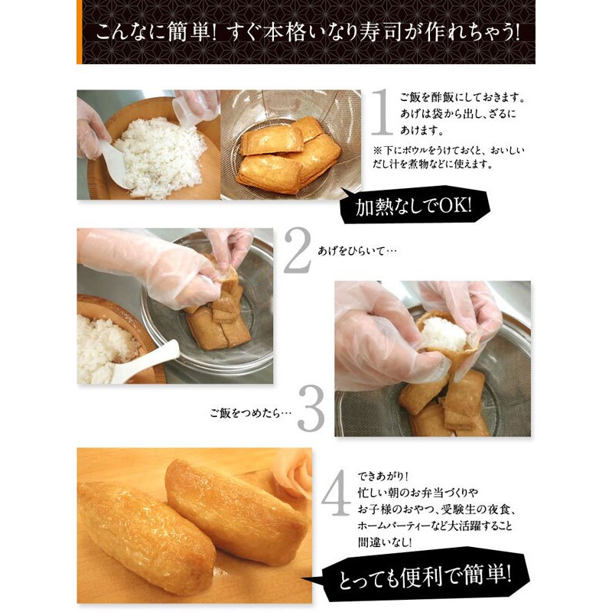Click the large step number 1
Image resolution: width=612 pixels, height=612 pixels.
381,112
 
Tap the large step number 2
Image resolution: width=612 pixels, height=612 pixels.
297,251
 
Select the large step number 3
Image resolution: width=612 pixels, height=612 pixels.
311,409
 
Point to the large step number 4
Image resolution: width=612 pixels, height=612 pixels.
336,493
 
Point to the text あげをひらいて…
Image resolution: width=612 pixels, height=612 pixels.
356,251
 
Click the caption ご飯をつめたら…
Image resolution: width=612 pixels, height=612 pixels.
251,413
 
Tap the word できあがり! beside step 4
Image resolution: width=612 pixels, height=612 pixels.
382,477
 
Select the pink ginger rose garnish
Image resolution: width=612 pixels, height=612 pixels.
293,471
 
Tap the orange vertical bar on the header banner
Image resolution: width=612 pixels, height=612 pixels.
80,32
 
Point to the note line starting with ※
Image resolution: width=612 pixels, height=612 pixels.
449,151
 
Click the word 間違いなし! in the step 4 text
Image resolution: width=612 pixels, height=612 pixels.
385,543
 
